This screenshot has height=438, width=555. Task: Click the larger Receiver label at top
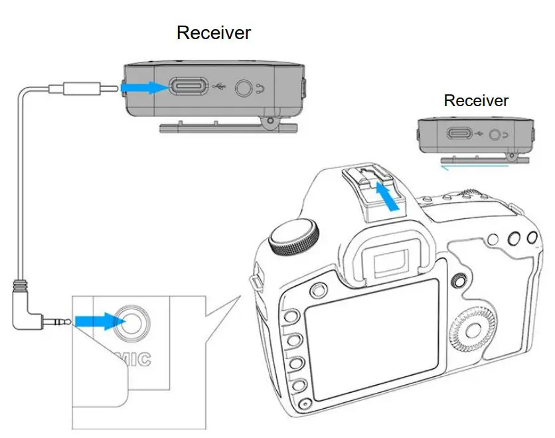click(214, 33)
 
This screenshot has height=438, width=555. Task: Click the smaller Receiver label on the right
click(476, 101)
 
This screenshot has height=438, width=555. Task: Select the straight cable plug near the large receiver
click(80, 87)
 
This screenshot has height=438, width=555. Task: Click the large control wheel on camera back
click(472, 329)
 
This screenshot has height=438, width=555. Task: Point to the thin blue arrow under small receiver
click(464, 168)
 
